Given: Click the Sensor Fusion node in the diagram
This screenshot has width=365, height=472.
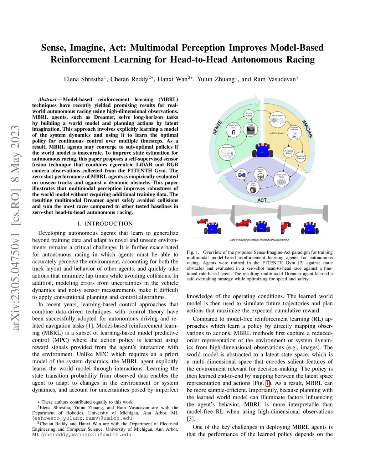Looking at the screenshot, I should pyautogui.click(x=249, y=114).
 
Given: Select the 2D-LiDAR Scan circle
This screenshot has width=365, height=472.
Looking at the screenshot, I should pyautogui.click(x=233, y=130).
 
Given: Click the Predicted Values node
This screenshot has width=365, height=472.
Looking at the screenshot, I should pyautogui.click(x=289, y=152).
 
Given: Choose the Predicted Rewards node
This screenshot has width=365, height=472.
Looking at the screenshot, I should pyautogui.click(x=300, y=157).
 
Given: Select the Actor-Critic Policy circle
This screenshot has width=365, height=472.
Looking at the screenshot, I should pyautogui.click(x=282, y=179).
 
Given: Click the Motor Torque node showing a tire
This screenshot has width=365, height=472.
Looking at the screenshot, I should pyautogui.click(x=253, y=188).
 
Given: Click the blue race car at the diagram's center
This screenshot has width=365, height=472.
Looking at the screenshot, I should pyautogui.click(x=263, y=150).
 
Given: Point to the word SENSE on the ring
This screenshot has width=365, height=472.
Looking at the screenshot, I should pyautogui.click(x=217, y=128).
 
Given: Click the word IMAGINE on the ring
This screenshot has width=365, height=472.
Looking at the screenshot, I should pyautogui.click(x=307, y=129).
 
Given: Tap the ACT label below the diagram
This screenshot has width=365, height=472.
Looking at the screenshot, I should pyautogui.click(x=262, y=200).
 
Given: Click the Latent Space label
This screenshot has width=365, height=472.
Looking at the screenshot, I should pyautogui.click(x=277, y=133).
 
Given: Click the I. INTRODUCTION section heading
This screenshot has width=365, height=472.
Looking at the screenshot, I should pyautogui.click(x=105, y=224).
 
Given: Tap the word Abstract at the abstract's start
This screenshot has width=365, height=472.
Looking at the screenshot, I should pyautogui.click(x=47, y=99).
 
